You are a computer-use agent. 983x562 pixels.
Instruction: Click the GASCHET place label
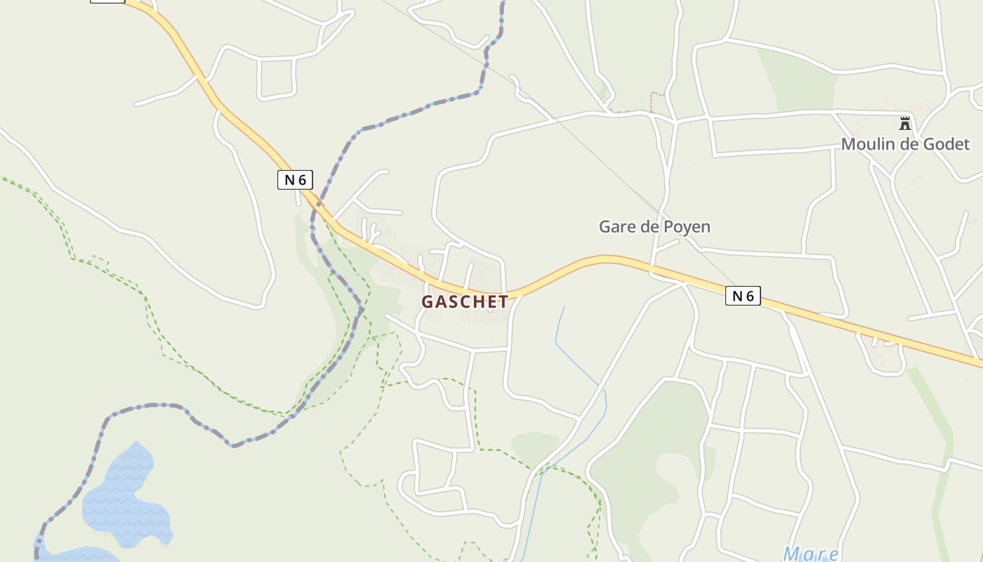[x=465, y=302]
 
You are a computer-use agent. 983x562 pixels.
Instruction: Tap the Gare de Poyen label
[x=654, y=227]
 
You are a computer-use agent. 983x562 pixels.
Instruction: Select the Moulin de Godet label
[x=905, y=144]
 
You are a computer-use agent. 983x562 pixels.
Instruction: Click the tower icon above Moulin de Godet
[x=905, y=124]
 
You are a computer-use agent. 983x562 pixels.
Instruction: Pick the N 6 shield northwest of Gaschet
[x=295, y=180]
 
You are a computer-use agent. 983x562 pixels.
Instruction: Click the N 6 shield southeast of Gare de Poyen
[x=743, y=296]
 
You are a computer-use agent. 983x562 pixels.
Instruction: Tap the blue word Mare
[x=811, y=554]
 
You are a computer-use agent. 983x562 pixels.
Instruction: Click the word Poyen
[x=687, y=227]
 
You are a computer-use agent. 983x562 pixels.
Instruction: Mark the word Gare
[x=616, y=227]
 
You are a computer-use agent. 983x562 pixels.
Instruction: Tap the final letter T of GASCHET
[x=503, y=302]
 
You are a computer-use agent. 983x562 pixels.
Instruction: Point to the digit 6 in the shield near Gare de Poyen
[x=750, y=296]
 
